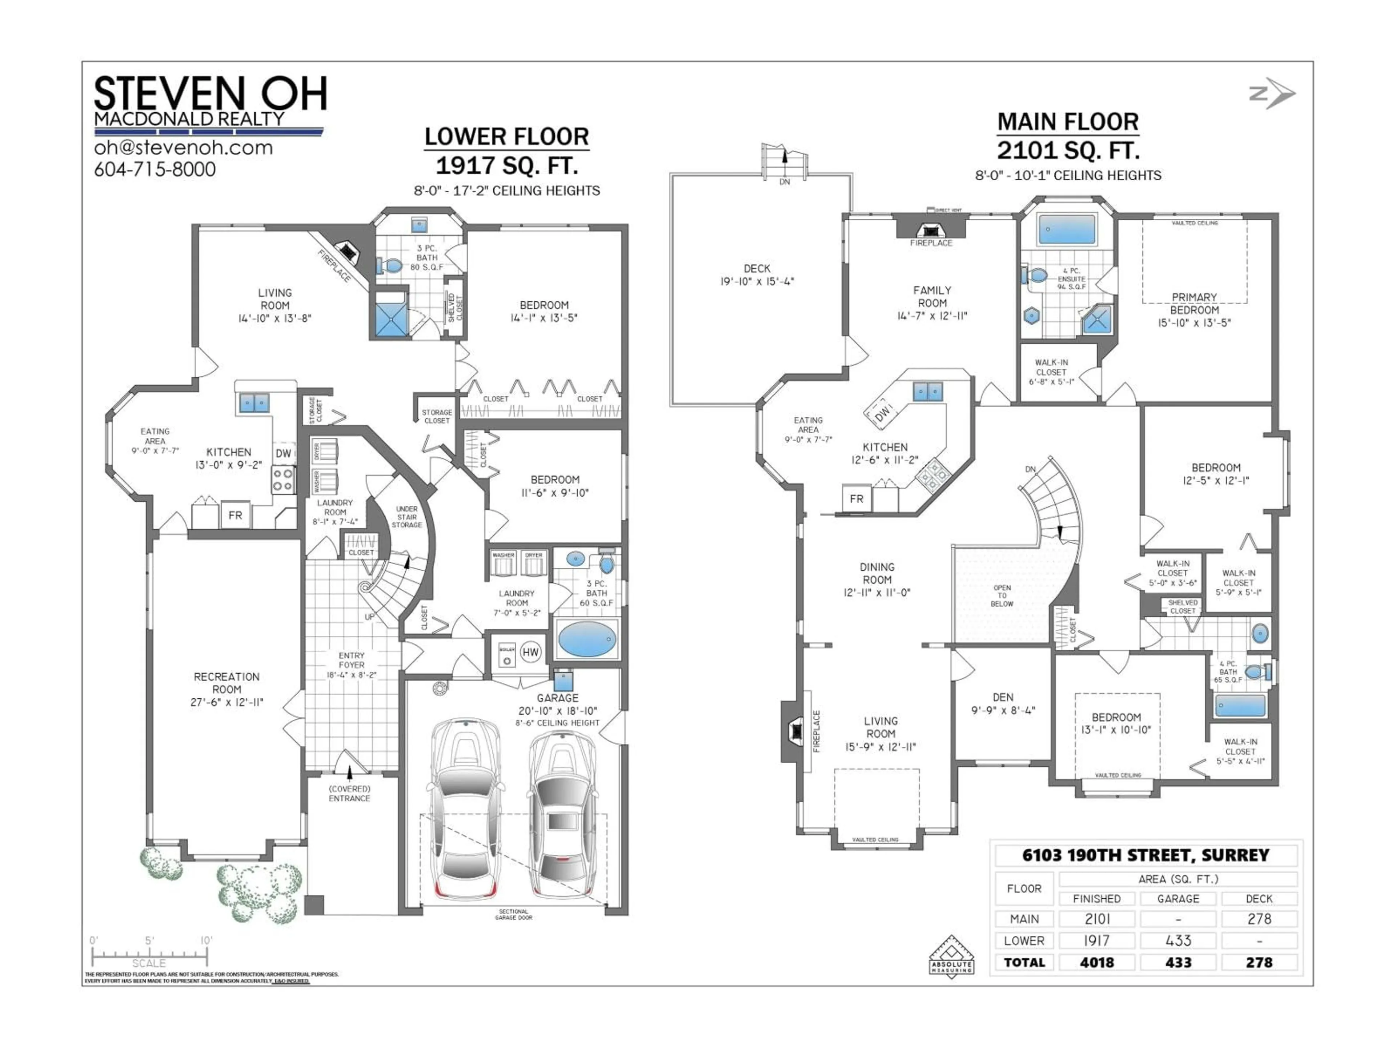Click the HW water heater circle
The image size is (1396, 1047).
[x=530, y=652]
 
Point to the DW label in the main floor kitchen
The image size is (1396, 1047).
[x=882, y=413]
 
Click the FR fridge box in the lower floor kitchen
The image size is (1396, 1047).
[x=236, y=515]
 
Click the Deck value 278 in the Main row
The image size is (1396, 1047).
[x=1259, y=919]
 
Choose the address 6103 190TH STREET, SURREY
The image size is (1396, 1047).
[x=1146, y=855]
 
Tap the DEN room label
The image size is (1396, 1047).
[x=1003, y=697]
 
